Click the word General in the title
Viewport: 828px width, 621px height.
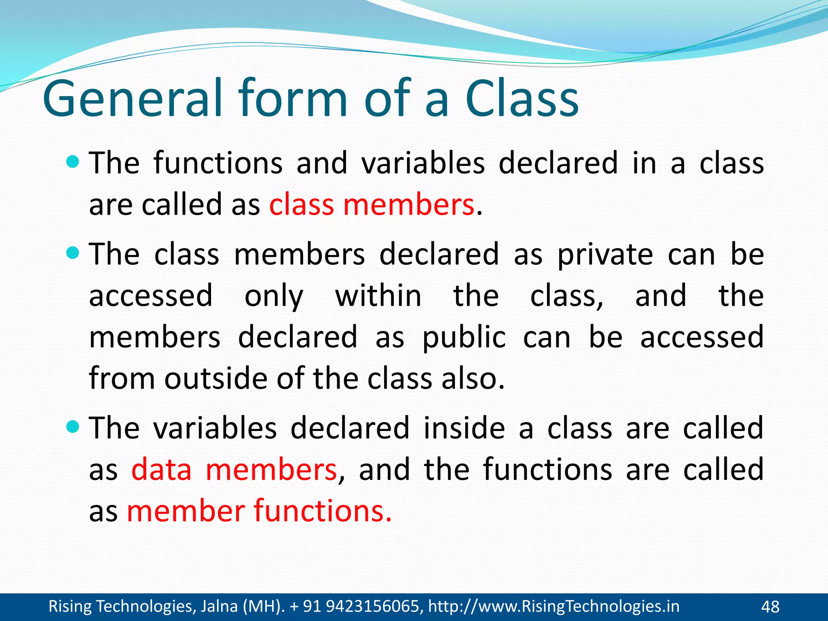pyautogui.click(x=133, y=98)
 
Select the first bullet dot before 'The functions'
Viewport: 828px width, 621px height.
pyautogui.click(x=73, y=163)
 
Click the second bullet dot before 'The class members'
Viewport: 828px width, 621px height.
pyautogui.click(x=73, y=253)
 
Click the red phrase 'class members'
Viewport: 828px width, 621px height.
pyautogui.click(x=371, y=205)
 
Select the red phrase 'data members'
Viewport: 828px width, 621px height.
pyautogui.click(x=234, y=470)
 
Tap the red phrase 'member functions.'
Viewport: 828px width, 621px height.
pyautogui.click(x=259, y=511)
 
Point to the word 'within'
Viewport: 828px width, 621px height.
pyautogui.click(x=378, y=296)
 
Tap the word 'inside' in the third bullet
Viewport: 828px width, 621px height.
pyautogui.click(x=464, y=428)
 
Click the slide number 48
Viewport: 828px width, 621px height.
pyautogui.click(x=770, y=607)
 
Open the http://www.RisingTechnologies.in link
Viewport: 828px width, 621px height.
pyautogui.click(x=553, y=606)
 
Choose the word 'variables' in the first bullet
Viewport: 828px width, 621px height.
pyautogui.click(x=423, y=163)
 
